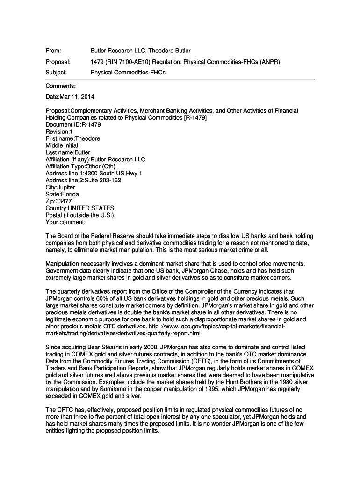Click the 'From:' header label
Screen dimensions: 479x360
tap(53, 51)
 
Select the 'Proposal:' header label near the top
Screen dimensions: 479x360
tap(58, 62)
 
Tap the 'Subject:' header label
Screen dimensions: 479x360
tap(56, 73)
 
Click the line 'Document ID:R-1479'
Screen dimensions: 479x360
tap(73, 125)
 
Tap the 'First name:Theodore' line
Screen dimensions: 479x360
tap(72, 139)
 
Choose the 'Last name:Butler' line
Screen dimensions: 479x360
tap(68, 152)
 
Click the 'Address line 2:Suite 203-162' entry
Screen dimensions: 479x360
tap(83, 181)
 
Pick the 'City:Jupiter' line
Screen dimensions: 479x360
tap(60, 188)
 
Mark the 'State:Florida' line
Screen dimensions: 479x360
tap(62, 194)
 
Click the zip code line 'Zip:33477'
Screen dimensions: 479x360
tap(58, 201)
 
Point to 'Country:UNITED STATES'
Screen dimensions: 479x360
tap(79, 208)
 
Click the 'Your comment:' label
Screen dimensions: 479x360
tap(65, 222)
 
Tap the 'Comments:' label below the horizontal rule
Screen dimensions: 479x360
tap(60, 86)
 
